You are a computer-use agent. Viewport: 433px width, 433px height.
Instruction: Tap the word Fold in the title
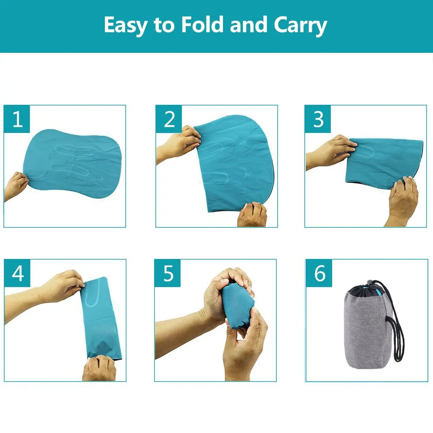tap(202, 25)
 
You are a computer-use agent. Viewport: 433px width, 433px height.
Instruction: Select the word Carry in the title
tap(301, 26)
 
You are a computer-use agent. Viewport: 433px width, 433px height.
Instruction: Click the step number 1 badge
tap(17, 119)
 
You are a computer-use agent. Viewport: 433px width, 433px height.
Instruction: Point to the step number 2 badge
tap(169, 119)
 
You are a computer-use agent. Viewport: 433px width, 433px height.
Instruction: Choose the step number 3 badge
tap(318, 119)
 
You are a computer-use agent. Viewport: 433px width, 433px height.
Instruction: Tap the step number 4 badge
tap(17, 273)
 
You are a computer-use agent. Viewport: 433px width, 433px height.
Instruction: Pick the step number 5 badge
tap(168, 273)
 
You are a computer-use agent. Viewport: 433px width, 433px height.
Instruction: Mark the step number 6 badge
tap(319, 273)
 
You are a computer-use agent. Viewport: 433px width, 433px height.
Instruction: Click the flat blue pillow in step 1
tap(72, 164)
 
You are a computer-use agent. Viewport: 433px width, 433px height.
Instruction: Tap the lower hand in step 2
tap(252, 215)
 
